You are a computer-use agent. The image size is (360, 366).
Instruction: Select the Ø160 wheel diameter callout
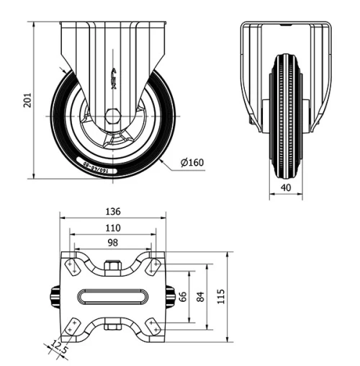click(x=192, y=162)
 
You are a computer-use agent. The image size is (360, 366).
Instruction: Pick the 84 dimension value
click(x=199, y=296)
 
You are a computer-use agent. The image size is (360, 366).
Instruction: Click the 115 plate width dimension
click(x=221, y=296)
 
